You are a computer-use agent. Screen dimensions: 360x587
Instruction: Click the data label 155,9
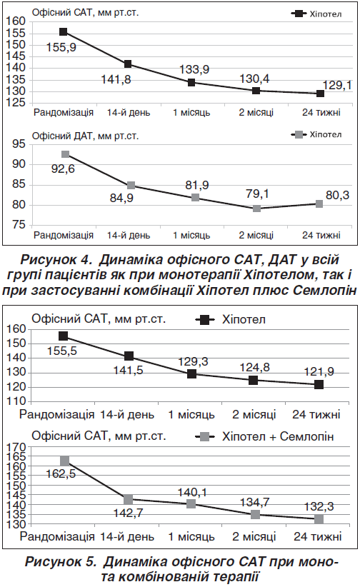(61, 48)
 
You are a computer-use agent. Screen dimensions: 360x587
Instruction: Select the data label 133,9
(194, 69)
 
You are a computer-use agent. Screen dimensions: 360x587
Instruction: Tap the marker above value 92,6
(65, 154)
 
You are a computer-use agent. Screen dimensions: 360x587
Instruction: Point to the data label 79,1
(258, 194)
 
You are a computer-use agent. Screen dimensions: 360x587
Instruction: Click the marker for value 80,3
(319, 204)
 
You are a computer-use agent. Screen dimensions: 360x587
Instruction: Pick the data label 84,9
(121, 198)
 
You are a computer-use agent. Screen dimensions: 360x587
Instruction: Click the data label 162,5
(61, 474)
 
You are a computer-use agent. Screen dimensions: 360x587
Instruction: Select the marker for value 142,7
(128, 499)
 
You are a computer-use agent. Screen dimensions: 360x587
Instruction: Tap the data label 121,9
(319, 372)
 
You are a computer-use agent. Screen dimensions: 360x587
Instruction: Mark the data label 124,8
(255, 367)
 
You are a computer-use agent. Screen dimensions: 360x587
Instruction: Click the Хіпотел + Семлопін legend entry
(264, 436)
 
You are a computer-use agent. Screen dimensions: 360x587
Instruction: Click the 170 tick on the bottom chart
(16, 447)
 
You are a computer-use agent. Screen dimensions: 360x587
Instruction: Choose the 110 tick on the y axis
(16, 402)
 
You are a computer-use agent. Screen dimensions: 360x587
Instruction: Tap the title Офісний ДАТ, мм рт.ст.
(85, 136)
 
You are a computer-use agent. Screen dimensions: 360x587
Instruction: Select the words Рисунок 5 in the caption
(61, 561)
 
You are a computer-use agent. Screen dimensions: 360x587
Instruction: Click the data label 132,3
(319, 506)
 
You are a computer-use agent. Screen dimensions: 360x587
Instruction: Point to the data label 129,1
(338, 86)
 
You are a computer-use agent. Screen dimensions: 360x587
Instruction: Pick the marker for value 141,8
(128, 64)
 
